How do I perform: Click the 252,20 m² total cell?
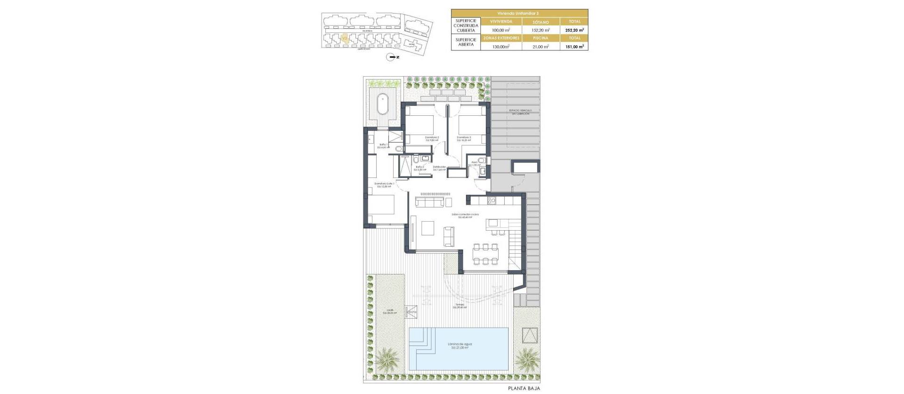coord(574,30)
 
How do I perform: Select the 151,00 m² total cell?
coord(574,46)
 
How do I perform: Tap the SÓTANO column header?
coord(541,22)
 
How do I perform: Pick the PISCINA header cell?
coord(541,38)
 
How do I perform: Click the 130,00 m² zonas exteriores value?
coord(500,46)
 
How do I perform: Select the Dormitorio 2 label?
coord(432,138)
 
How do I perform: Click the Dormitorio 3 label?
coord(464,138)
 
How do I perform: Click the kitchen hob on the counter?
coord(492,201)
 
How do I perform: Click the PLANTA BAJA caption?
coord(524,388)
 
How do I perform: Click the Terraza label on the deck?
coord(459,306)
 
